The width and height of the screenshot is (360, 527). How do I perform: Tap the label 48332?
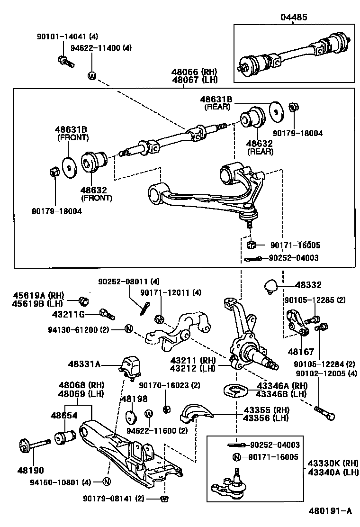point(308,285)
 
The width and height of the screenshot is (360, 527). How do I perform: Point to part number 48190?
point(30,471)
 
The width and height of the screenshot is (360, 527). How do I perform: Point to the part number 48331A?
point(84,363)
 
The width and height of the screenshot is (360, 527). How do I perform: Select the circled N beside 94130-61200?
point(128,328)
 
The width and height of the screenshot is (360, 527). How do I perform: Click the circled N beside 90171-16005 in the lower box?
point(236,457)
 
